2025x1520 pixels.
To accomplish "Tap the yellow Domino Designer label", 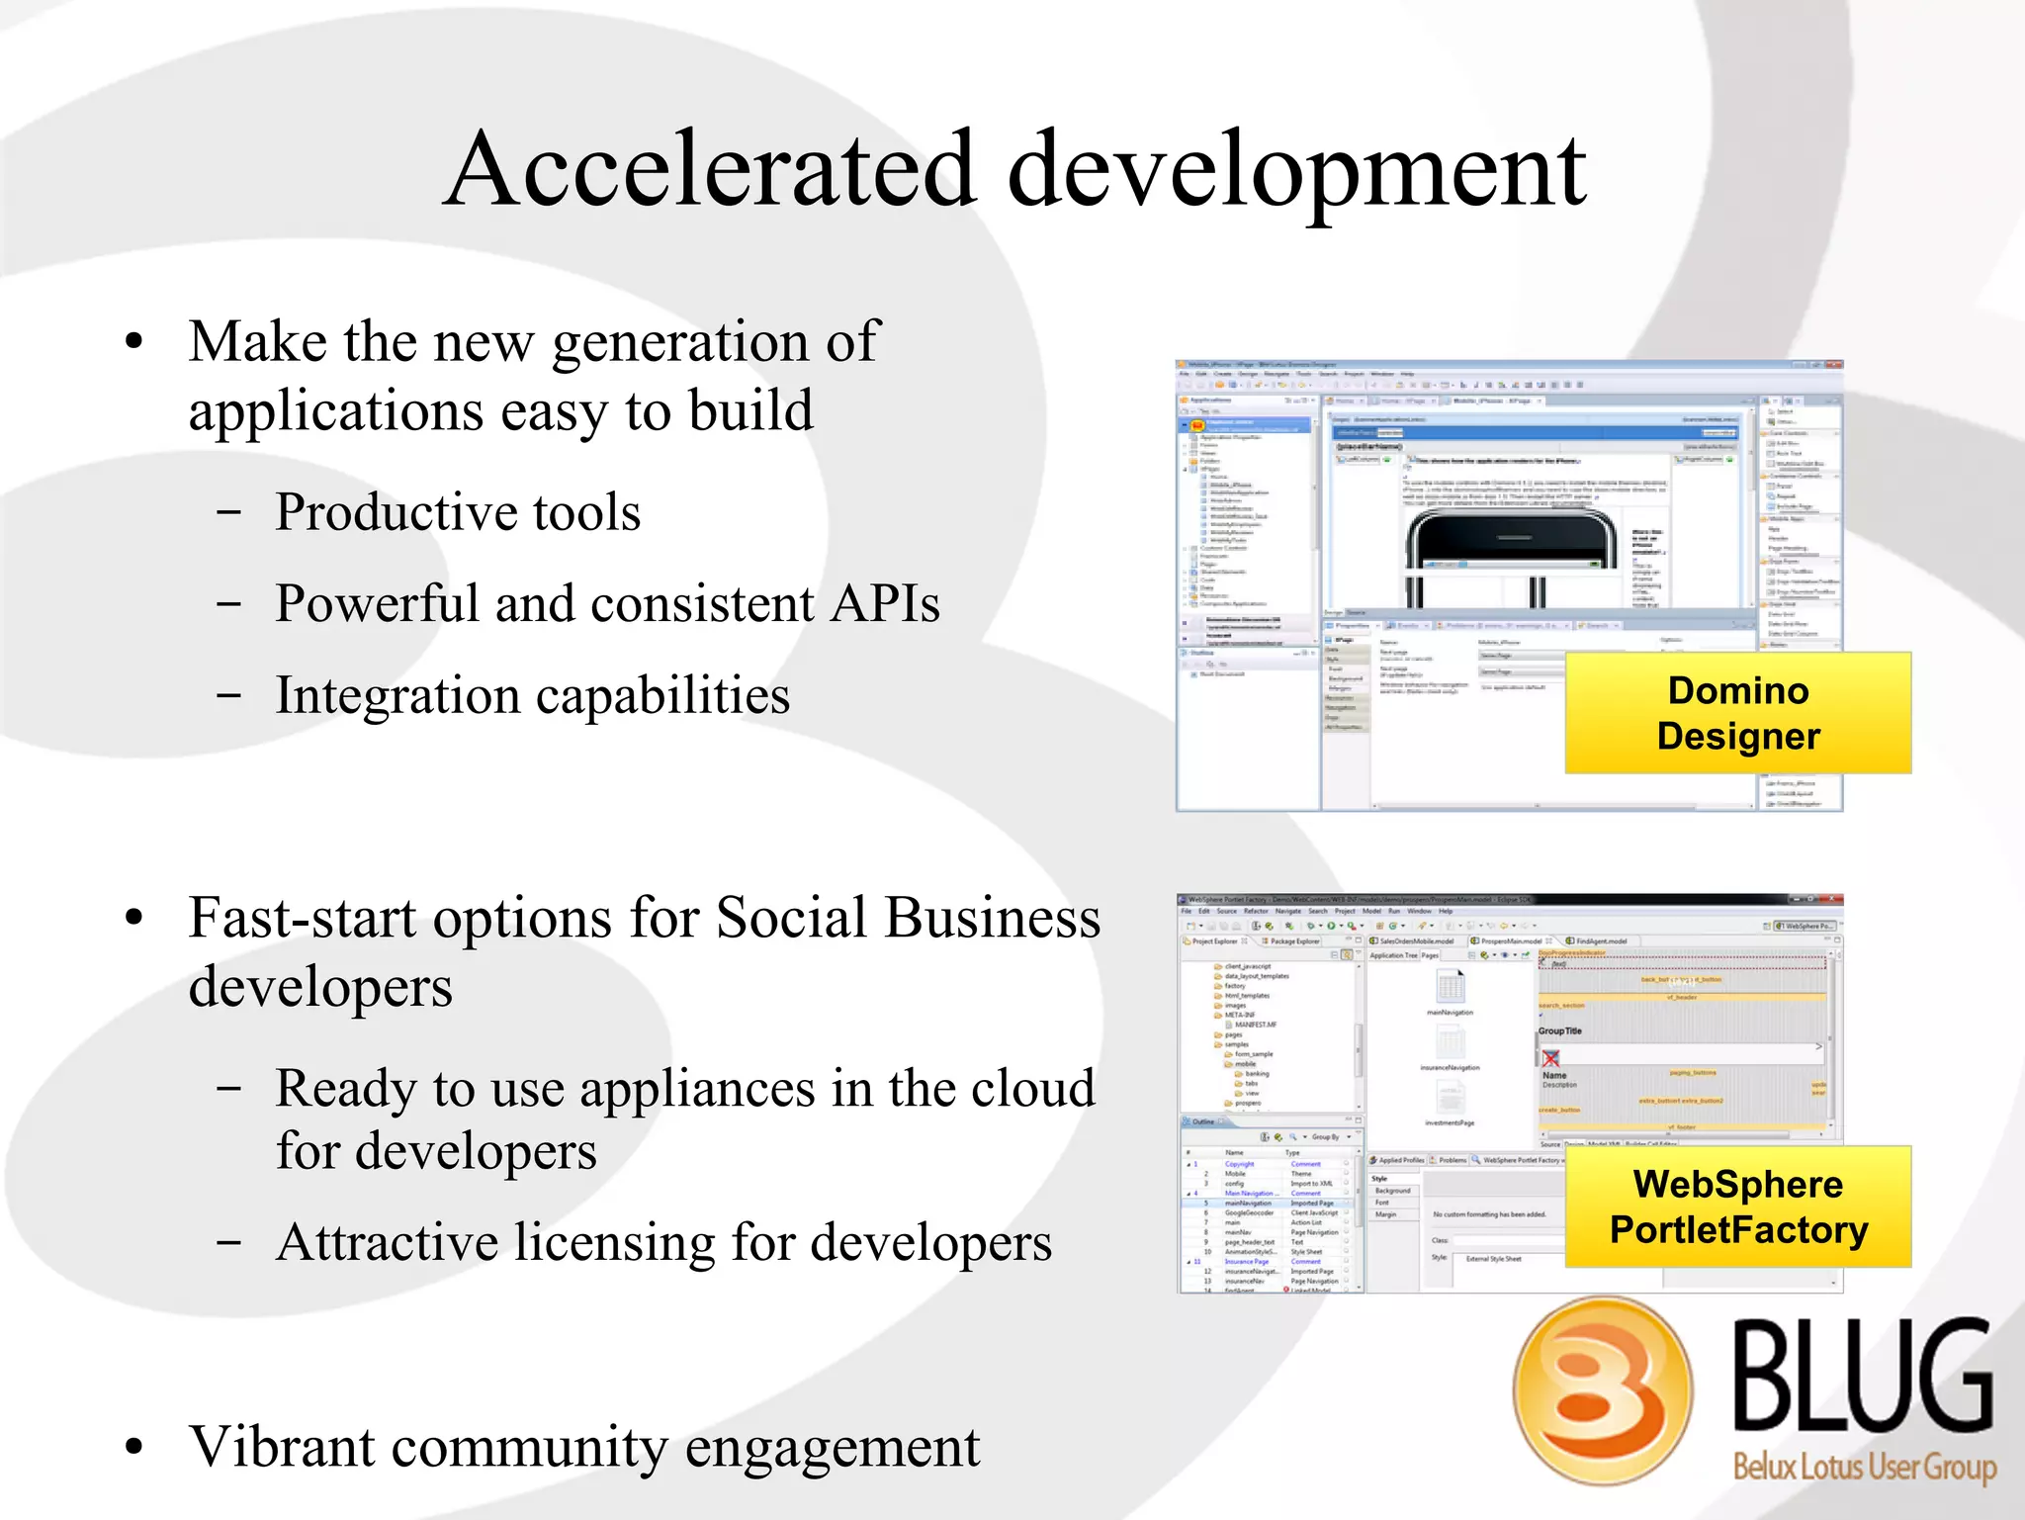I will [1737, 713].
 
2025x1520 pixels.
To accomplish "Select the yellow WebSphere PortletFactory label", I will [1737, 1207].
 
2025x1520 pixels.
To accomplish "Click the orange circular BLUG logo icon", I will [1603, 1390].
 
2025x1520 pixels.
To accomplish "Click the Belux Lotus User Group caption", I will [1864, 1466].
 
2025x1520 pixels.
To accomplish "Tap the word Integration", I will [397, 695].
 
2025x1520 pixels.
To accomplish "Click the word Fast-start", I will [302, 918].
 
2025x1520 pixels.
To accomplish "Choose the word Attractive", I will [387, 1243].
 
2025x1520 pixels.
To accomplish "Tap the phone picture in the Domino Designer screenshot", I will [1513, 554].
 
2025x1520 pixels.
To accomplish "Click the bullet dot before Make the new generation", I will [134, 343].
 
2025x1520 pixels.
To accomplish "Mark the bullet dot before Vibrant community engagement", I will [134, 1448].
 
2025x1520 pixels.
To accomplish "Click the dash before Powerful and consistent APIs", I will [228, 604].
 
